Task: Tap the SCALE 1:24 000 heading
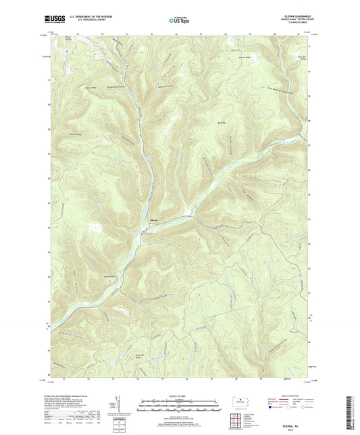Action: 179,396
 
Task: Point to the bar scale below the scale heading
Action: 179,407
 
